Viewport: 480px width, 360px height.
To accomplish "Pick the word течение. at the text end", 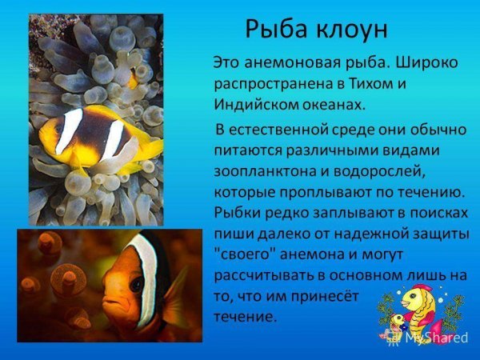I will pos(246,317).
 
